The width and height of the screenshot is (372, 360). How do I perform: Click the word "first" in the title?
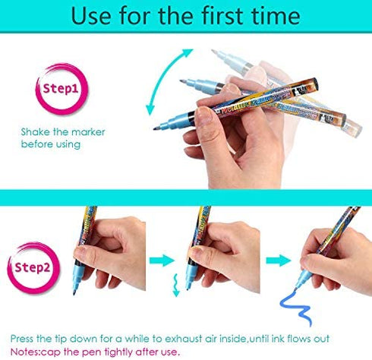pyautogui.click(x=222, y=15)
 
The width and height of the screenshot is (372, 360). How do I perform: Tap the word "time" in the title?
pyautogui.click(x=276, y=15)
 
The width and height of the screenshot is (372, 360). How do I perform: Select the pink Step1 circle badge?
pyautogui.click(x=61, y=88)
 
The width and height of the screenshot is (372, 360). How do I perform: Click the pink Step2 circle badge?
pyautogui.click(x=33, y=267)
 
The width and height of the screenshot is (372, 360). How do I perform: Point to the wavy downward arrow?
pyautogui.click(x=175, y=285)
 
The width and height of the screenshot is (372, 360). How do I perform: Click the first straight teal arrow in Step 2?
pyautogui.click(x=162, y=261)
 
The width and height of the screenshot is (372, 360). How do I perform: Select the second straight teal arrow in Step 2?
pyautogui.click(x=278, y=261)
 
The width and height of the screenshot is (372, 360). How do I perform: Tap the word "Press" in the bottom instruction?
pyautogui.click(x=22, y=339)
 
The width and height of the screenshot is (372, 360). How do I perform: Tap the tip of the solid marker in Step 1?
pyautogui.click(x=155, y=129)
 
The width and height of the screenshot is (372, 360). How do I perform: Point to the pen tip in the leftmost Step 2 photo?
pyautogui.click(x=74, y=293)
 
